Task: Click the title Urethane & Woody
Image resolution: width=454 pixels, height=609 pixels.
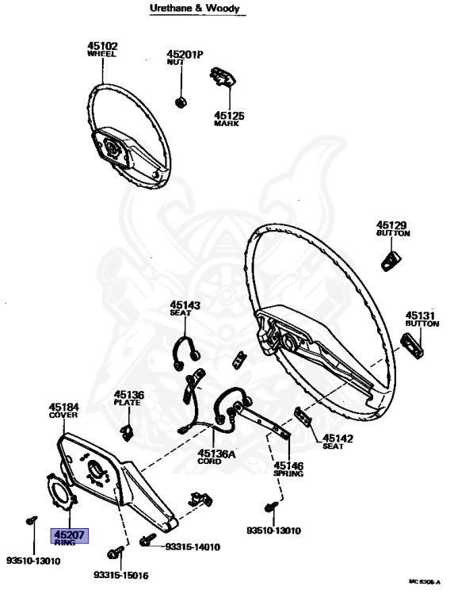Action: tap(194, 8)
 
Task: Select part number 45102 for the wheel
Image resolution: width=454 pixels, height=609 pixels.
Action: tap(102, 46)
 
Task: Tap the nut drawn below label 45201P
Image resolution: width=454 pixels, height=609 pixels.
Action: tap(181, 102)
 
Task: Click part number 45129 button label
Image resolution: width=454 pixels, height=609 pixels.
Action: tap(391, 225)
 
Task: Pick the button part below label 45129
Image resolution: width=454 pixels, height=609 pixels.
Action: tap(391, 261)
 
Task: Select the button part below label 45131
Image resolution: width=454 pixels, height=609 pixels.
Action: tap(412, 345)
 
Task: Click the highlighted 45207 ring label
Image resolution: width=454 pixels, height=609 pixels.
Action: tap(70, 536)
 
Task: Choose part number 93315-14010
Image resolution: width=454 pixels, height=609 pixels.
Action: tap(193, 547)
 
